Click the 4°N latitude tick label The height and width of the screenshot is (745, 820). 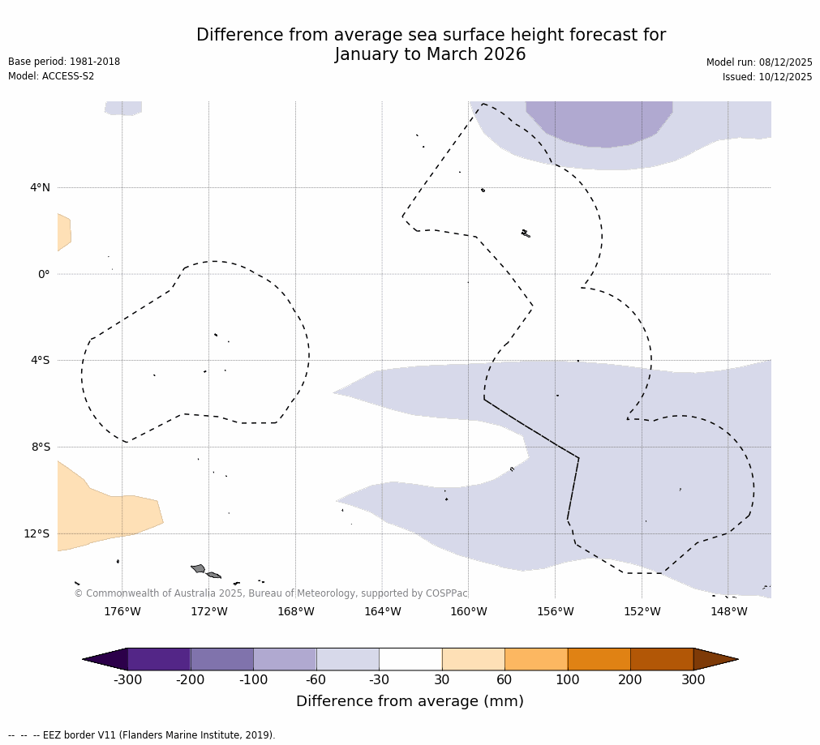40,188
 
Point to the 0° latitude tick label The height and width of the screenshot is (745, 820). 44,274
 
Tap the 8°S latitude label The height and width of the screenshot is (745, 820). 41,447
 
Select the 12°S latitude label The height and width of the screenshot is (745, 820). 36,533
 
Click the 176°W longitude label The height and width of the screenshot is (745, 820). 122,611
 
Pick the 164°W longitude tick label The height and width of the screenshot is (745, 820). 382,611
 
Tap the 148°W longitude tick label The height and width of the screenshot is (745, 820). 728,611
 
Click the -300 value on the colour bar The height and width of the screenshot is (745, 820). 127,679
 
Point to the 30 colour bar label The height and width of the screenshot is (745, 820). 442,679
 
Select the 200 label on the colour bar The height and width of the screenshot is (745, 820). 630,679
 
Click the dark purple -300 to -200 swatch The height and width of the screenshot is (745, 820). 159,659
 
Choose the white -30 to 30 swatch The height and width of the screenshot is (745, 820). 410,659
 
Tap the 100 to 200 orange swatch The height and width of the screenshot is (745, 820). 599,659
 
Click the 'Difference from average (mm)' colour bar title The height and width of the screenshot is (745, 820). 410,701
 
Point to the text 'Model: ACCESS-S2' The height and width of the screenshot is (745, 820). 51,76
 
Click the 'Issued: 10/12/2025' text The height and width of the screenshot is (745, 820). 767,77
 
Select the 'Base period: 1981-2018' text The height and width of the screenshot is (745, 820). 64,62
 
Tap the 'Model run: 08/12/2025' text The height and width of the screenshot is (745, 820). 759,62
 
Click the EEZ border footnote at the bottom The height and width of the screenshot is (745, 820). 142,735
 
